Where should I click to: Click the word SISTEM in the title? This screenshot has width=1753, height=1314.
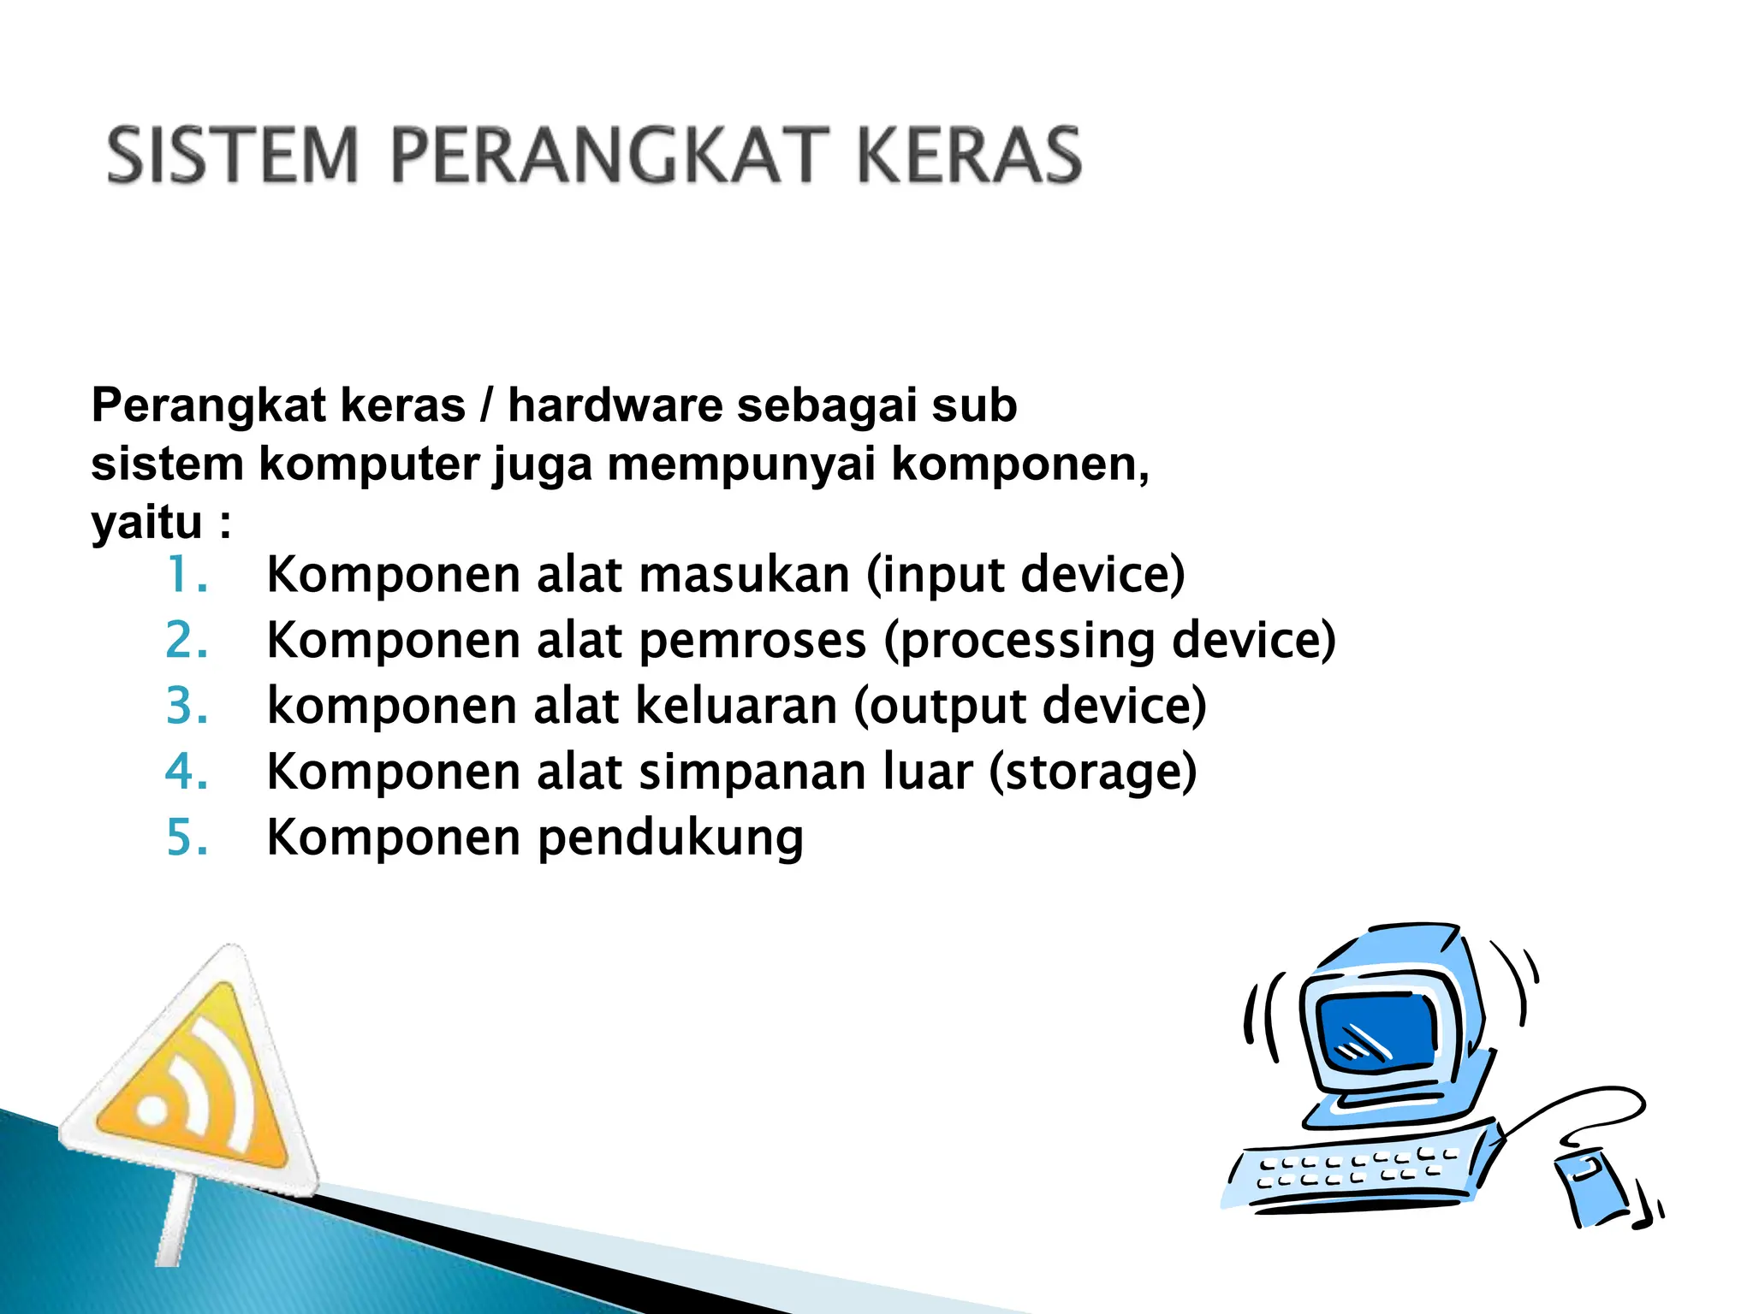232,156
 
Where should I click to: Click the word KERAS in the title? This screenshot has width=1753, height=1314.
969,156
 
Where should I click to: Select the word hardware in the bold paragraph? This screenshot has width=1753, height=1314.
615,405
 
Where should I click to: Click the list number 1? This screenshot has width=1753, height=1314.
186,574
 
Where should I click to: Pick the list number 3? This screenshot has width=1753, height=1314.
186,706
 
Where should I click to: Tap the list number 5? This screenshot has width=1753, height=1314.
186,838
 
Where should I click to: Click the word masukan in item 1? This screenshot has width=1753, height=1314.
744,574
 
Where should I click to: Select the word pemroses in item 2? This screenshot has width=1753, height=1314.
752,640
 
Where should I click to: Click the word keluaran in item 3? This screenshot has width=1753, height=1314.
736,706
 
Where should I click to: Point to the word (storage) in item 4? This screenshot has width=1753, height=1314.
1092,772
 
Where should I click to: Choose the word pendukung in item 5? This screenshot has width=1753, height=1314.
670,839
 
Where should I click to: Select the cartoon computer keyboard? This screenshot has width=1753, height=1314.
1361,1168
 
